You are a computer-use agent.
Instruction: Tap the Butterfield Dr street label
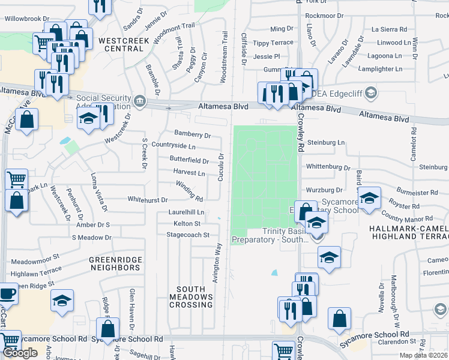click(x=189, y=161)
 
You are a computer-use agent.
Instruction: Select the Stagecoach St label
click(x=188, y=235)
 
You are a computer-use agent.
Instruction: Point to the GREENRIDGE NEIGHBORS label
click(x=115, y=263)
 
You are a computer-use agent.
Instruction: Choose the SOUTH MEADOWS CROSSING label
click(x=191, y=296)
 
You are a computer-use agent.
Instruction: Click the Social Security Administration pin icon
click(x=140, y=100)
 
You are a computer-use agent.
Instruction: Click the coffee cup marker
click(x=7, y=294)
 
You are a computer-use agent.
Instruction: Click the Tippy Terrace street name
click(x=273, y=43)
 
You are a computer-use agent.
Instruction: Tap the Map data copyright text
click(x=424, y=355)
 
